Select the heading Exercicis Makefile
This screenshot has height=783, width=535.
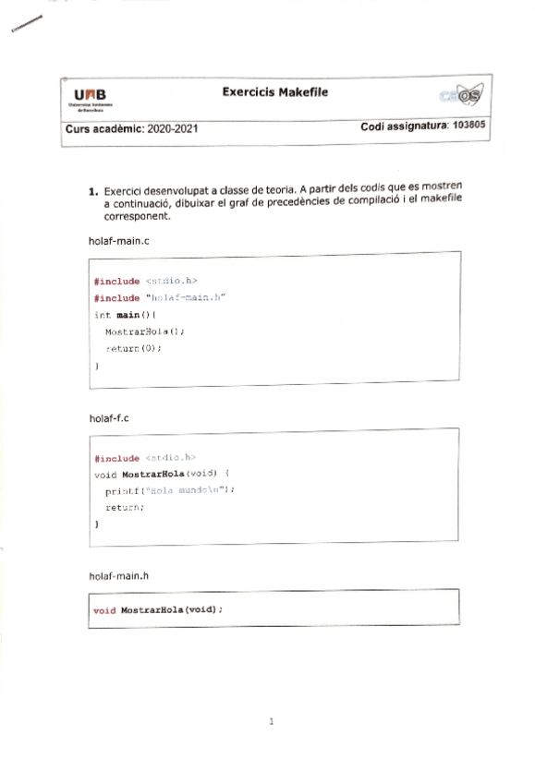[x=274, y=92]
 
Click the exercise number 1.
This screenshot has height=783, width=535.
[x=93, y=192]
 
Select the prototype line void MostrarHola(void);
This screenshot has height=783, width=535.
[x=159, y=610]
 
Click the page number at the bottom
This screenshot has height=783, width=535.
[x=271, y=722]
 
